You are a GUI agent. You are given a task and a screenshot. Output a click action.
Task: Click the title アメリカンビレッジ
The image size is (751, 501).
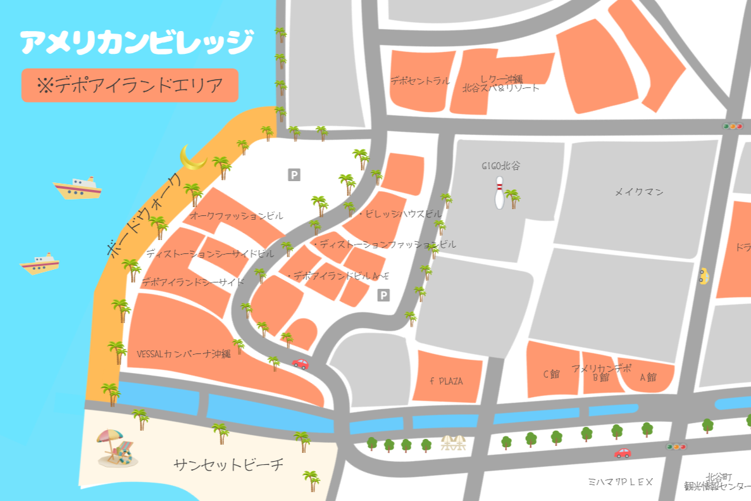136,42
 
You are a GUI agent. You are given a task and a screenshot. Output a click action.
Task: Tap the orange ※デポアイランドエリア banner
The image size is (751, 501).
130,86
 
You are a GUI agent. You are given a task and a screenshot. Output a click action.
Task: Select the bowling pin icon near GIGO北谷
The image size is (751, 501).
499,193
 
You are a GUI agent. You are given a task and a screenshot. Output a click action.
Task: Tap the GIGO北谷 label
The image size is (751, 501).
500,166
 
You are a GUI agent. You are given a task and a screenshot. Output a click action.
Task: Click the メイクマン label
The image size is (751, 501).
639,192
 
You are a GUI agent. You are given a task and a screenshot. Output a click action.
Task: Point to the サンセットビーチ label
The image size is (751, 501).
228,465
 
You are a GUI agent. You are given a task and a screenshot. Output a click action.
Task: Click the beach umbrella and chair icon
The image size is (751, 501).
116,447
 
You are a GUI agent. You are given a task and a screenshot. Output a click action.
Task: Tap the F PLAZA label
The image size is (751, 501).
446,381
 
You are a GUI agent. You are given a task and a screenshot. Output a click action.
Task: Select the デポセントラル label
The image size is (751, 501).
419,80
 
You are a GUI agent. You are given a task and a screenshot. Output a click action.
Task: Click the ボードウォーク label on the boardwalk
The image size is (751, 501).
144,217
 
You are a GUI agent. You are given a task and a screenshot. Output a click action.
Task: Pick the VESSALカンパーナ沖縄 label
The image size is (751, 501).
183,354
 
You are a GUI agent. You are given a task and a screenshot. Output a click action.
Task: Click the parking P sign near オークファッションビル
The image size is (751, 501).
294,175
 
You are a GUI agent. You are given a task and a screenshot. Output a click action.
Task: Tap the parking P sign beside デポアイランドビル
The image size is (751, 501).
383,295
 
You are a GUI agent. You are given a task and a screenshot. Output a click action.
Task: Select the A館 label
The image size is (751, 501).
649,377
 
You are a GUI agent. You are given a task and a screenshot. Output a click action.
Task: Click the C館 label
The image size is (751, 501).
552,374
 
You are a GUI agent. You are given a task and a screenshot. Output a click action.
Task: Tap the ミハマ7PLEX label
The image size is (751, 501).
620,482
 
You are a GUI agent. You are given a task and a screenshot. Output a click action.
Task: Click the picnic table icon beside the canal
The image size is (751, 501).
453,443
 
